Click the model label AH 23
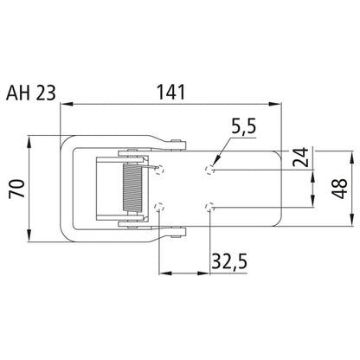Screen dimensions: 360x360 click(30, 93)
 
